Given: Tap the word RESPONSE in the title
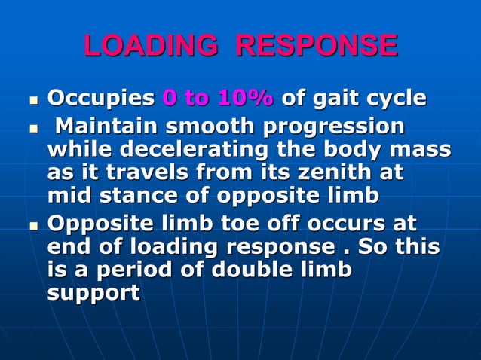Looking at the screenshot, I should tap(316, 46).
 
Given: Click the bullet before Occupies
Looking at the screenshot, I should tap(33, 99).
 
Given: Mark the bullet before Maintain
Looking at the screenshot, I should tap(33, 126).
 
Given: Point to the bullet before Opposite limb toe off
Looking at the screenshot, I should tap(33, 224).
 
